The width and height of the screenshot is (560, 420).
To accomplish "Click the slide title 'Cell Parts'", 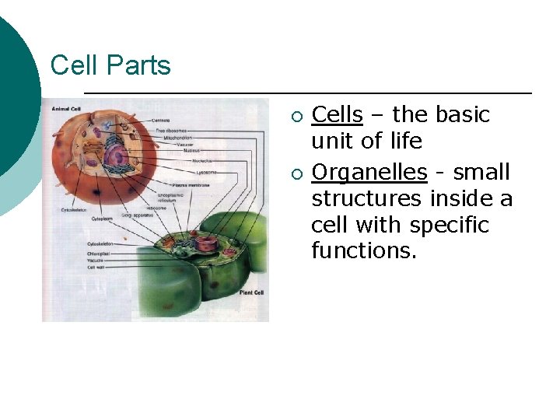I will pos(110,65).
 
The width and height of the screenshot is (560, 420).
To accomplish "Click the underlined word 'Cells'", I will pos(337,115).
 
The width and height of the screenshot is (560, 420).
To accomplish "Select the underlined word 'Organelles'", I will pos(369,173).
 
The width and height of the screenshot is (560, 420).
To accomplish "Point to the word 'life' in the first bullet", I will pos(406,142).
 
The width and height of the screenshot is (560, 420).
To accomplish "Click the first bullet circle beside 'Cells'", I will pos(296,117).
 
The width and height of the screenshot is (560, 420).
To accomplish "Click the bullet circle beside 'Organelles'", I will pos(296,173).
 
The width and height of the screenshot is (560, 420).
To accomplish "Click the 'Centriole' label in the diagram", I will pos(184,121).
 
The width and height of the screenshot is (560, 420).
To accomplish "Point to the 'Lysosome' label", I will pos(207,172).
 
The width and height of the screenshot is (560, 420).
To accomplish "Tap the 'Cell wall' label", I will pos(96,266).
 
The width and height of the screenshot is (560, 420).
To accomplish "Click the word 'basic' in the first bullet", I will pos(463,115).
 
